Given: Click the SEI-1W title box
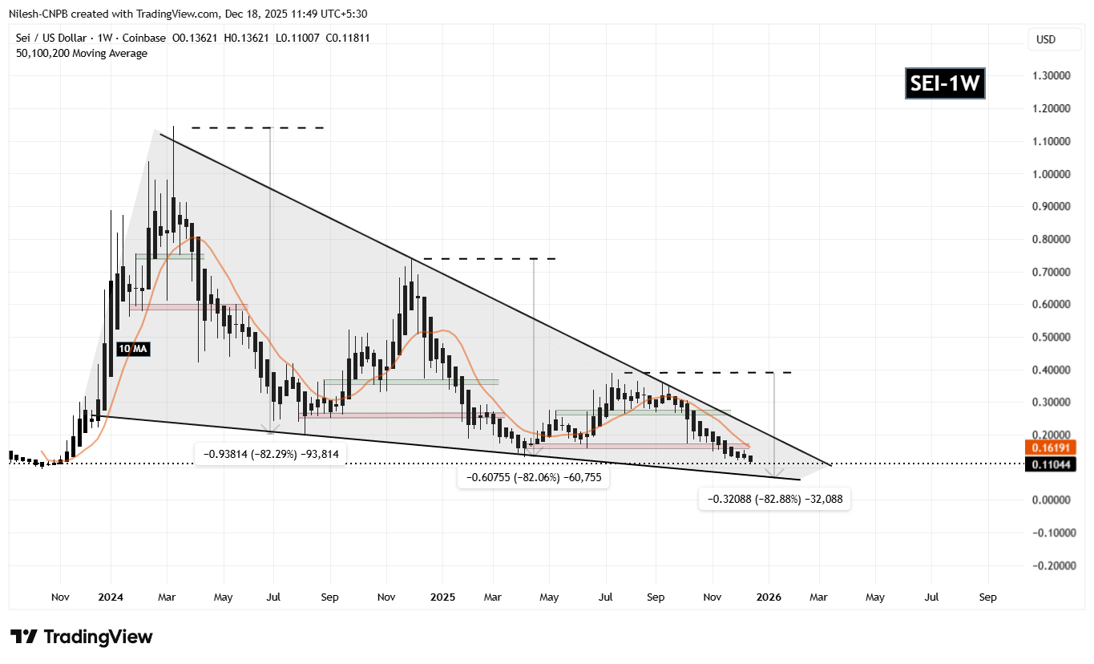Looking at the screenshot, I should [945, 83].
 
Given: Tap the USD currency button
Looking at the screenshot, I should [1046, 39].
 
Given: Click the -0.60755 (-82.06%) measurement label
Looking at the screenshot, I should [533, 478].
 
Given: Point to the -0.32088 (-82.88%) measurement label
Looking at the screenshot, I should [774, 499].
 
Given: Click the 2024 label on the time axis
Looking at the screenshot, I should [111, 597].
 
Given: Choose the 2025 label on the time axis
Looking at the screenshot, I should [442, 597].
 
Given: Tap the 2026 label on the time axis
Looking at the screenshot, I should [769, 597].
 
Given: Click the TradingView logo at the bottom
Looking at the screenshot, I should [82, 638].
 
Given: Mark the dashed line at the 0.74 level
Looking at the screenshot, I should [490, 259].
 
